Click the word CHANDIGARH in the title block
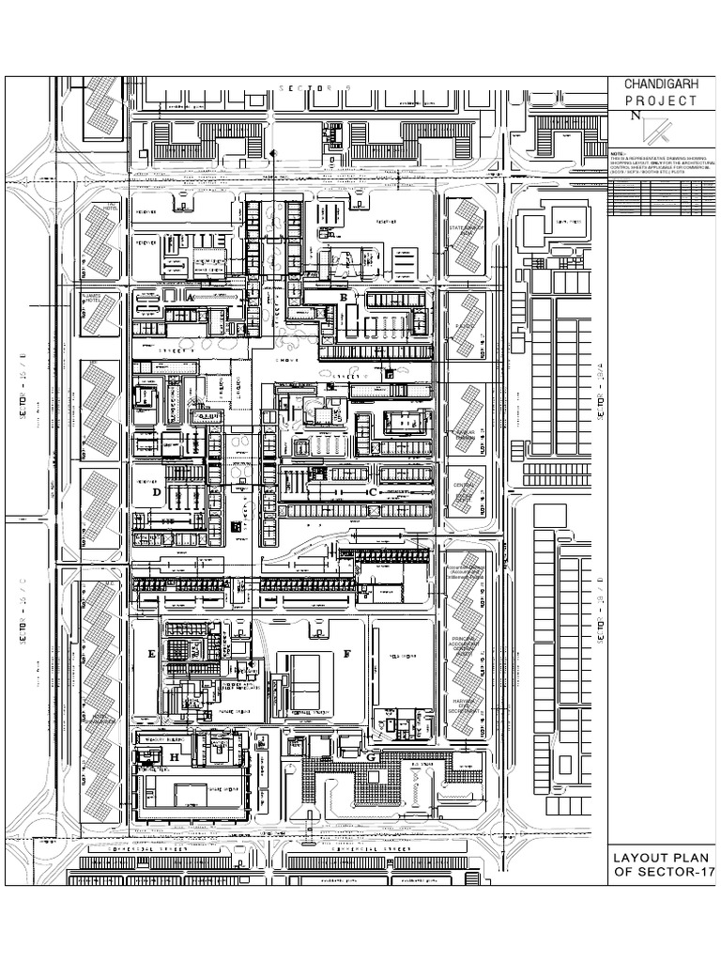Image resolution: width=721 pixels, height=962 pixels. click(x=660, y=85)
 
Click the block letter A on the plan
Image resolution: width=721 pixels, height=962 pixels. click(x=191, y=296)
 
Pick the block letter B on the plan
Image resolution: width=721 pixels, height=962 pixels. click(x=344, y=298)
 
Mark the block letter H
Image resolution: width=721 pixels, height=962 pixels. click(x=174, y=756)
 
